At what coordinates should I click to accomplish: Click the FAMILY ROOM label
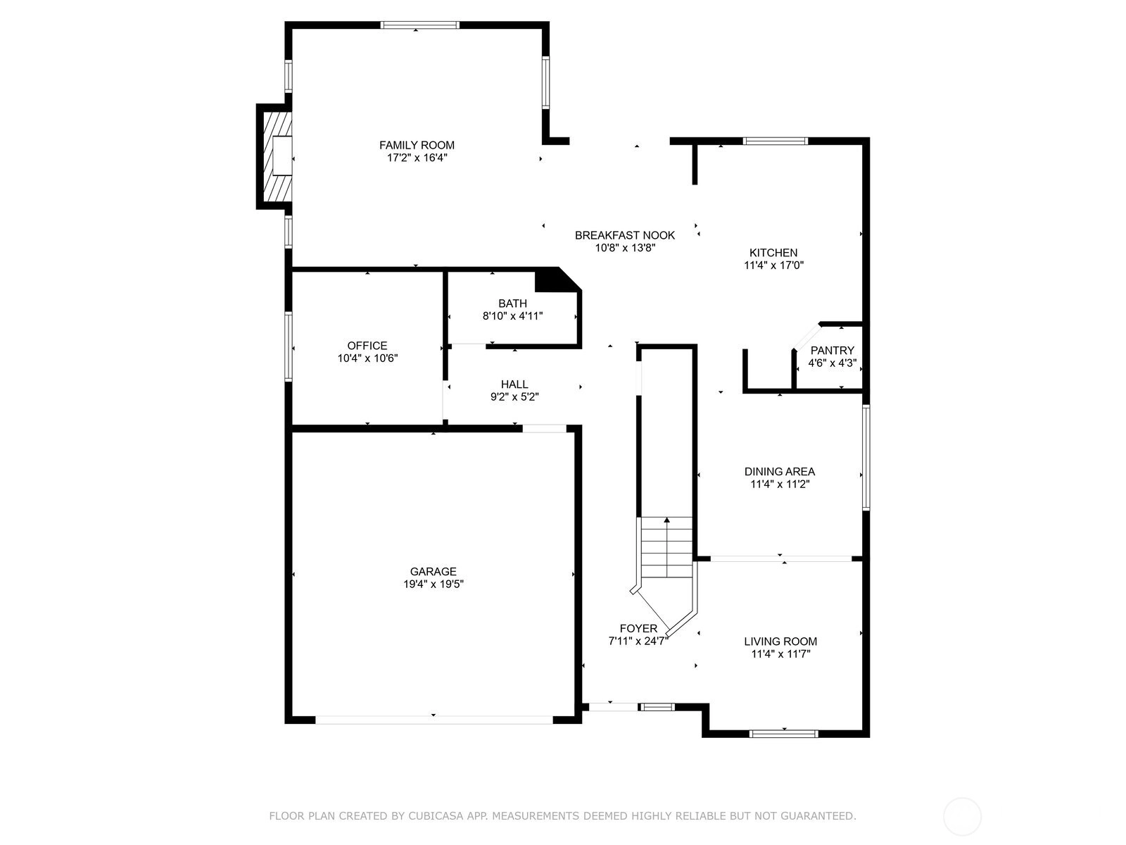pos(417,145)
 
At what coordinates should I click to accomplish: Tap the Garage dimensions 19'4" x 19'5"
pos(434,584)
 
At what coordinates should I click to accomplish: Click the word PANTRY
pos(832,351)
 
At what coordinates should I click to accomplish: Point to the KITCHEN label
pos(773,252)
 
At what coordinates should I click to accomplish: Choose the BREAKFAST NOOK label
pos(625,235)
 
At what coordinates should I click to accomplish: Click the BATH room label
pos(512,303)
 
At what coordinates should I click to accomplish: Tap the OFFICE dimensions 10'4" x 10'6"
pos(367,358)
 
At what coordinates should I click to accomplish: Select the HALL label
pos(514,384)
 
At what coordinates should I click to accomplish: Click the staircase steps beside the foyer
pos(667,547)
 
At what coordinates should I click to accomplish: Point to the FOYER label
pos(638,629)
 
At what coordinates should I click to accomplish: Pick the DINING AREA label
pos(780,472)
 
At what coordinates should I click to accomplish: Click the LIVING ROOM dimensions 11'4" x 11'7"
pos(780,653)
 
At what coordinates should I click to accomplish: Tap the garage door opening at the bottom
pos(434,720)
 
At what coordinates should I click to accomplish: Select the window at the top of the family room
pos(419,25)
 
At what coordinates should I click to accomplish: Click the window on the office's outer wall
pos(289,346)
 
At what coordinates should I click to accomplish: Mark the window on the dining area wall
pos(866,457)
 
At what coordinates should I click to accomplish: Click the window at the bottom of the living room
pos(784,734)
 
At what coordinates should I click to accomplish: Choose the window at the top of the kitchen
pos(776,141)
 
